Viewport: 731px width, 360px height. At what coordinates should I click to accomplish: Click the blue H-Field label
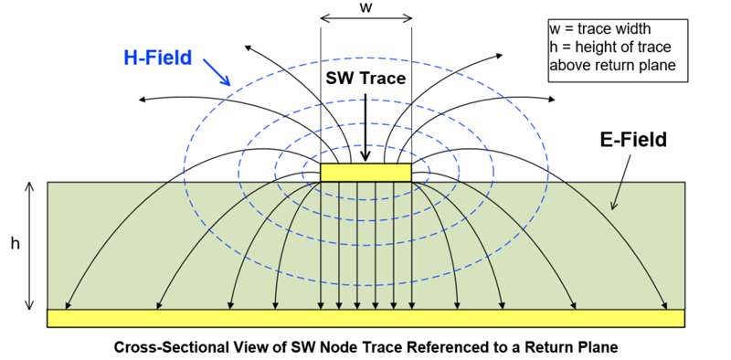coord(157,58)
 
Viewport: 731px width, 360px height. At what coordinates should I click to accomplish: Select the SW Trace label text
coord(365,79)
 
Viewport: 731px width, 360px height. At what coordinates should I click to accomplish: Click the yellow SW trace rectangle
coord(365,172)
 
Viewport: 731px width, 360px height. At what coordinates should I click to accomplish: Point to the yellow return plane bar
coord(365,318)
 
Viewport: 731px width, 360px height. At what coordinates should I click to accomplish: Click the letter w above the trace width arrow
coord(365,7)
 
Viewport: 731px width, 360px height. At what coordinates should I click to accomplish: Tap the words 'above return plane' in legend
coord(606,65)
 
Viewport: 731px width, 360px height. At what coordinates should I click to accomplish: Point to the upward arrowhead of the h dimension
coord(30,185)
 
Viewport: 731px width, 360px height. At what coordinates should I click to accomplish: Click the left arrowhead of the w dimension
coord(323,17)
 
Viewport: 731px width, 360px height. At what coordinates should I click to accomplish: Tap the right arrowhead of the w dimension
coord(408,17)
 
